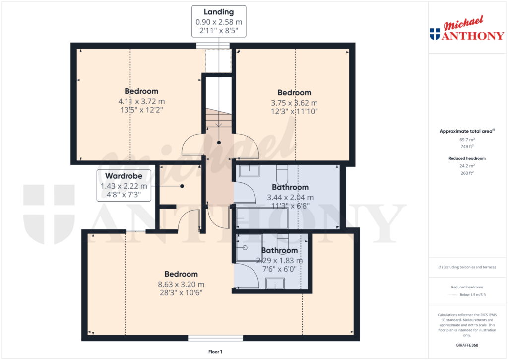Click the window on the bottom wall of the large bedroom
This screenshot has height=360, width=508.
click(x=215, y=338)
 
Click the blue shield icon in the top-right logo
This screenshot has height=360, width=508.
click(x=435, y=34)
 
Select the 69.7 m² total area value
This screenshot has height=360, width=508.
click(x=466, y=140)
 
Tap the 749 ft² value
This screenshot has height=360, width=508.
click(x=466, y=147)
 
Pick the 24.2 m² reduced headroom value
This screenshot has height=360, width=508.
click(x=466, y=166)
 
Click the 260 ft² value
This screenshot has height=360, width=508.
click(x=466, y=173)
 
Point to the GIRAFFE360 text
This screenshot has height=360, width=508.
click(x=466, y=345)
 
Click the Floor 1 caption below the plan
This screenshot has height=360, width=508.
click(x=215, y=352)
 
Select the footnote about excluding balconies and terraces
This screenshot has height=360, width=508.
click(x=466, y=267)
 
